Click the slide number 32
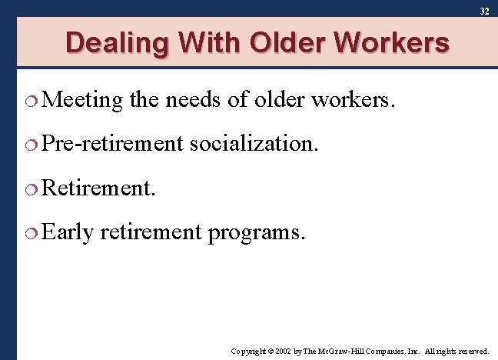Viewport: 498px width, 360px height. (484, 12)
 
